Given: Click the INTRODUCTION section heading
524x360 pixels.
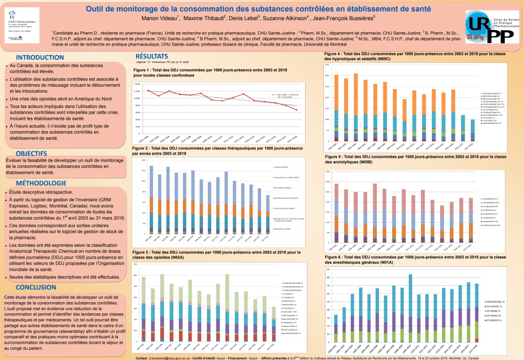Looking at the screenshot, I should pos(40,57).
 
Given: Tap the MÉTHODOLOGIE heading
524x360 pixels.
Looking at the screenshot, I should pos(40,183).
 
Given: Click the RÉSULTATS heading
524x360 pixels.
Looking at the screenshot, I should pos(152,56).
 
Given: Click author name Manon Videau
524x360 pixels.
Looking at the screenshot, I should pos(159,18).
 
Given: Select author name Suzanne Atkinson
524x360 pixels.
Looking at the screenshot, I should pos(284,18).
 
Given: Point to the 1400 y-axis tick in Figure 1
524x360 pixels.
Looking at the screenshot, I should pos(137,84).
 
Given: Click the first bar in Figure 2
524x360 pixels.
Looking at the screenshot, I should pos(151,200).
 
